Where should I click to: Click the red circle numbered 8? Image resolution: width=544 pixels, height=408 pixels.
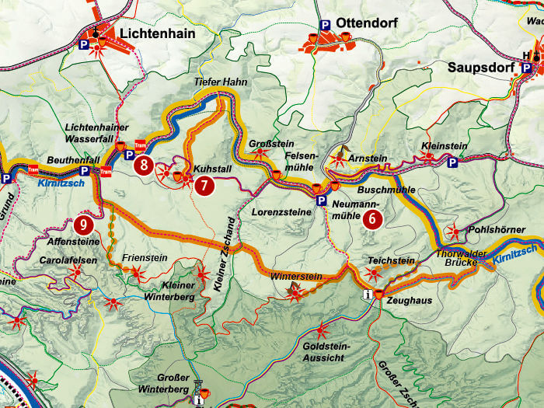pos(142,165)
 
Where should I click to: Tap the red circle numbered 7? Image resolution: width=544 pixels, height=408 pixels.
pos(203,186)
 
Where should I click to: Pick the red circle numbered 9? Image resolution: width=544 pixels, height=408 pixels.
pos(85,226)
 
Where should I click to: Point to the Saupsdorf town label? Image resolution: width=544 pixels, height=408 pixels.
pos(480,67)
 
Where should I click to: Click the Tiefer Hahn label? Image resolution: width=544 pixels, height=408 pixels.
pos(214,82)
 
